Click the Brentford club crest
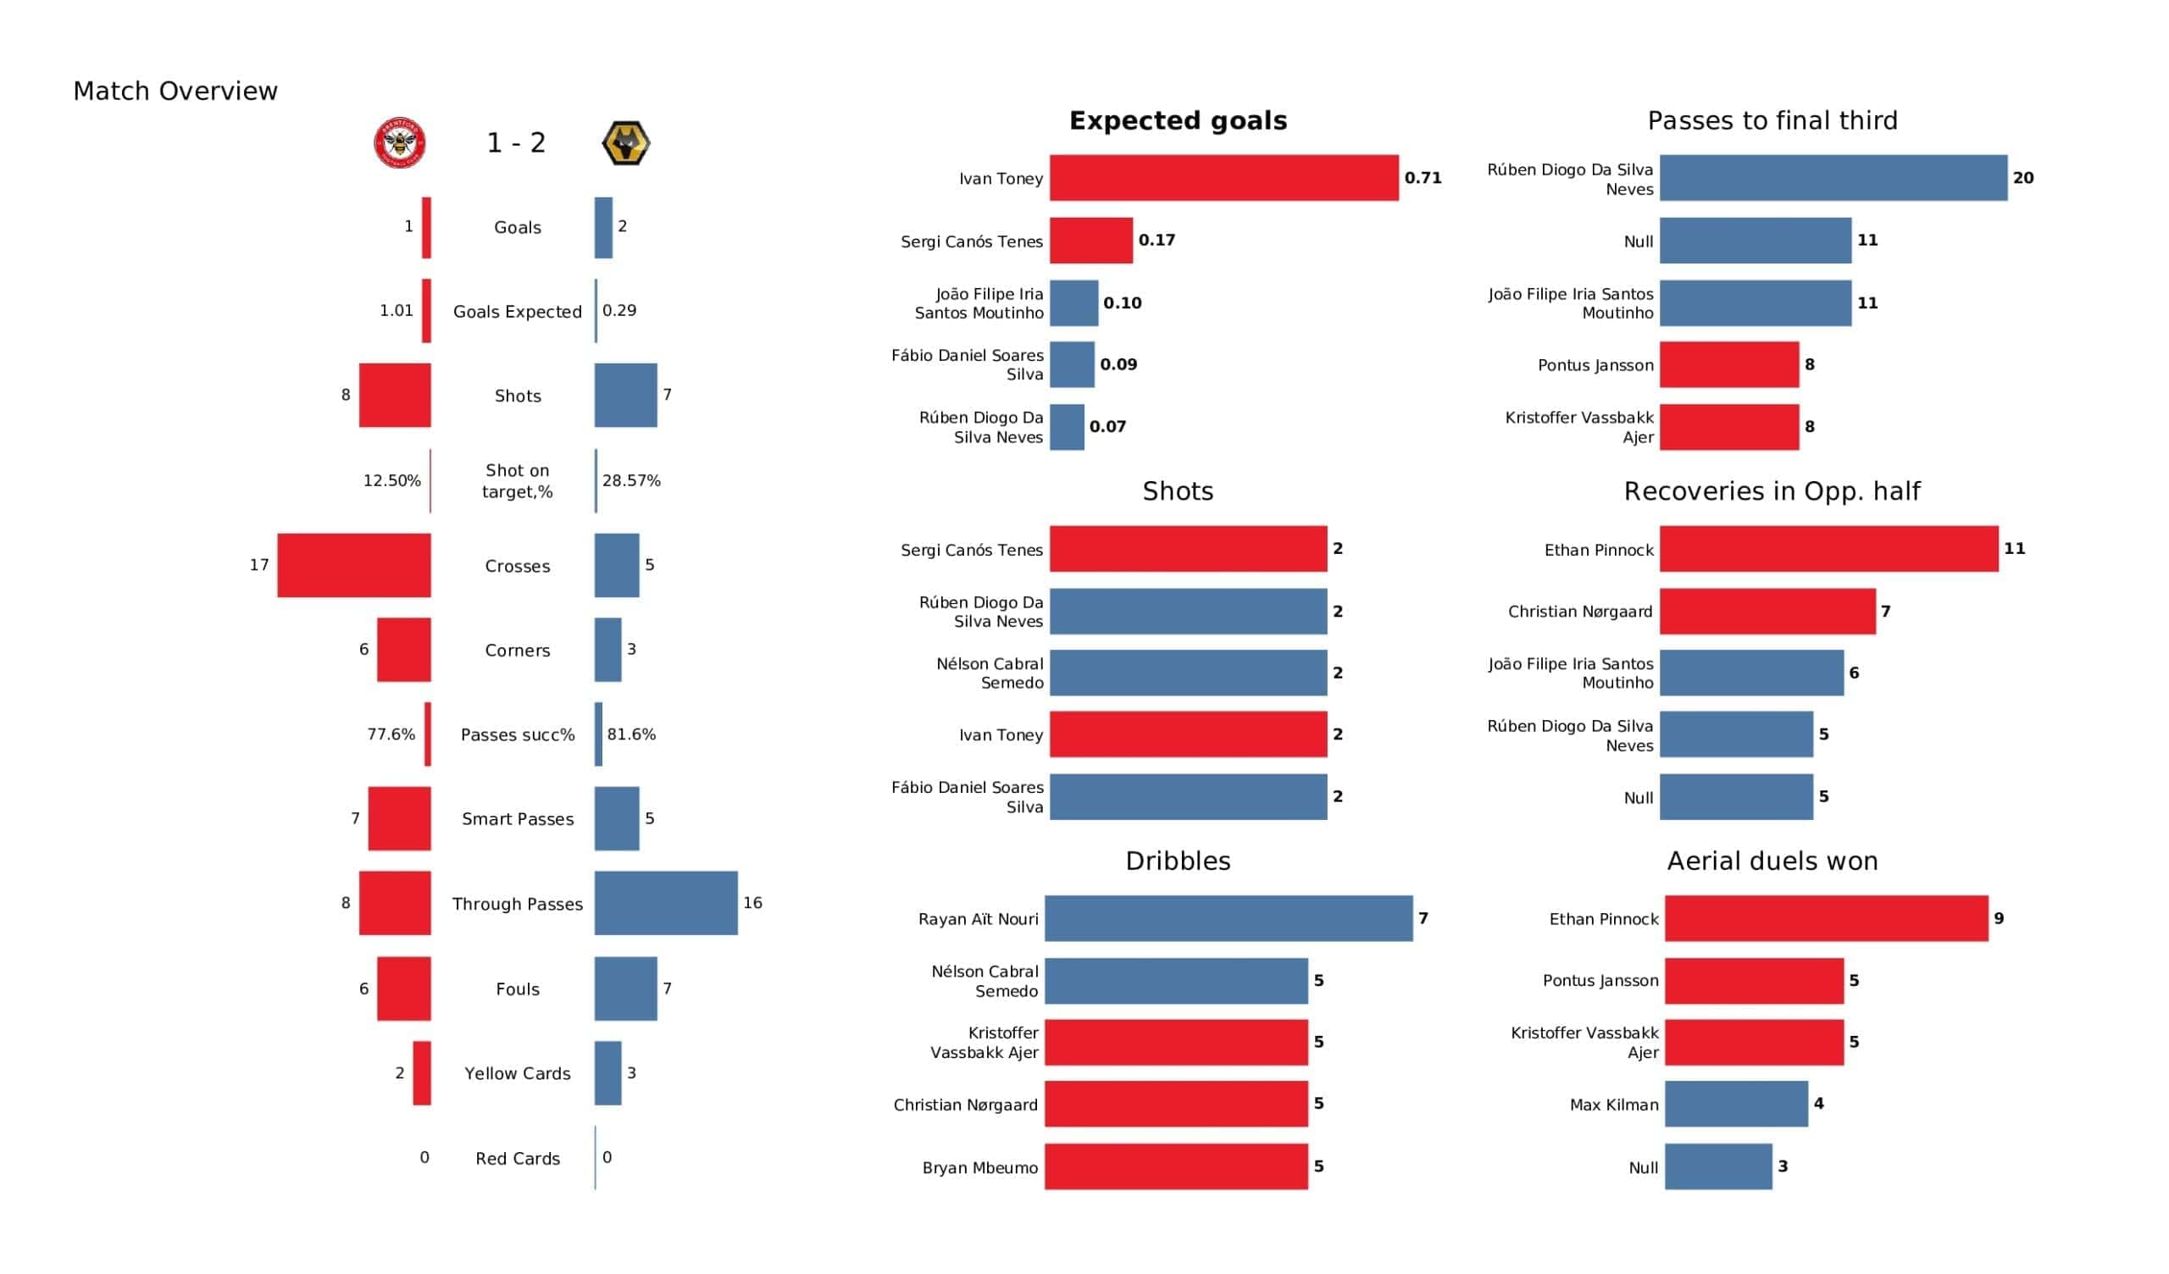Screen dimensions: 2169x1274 pos(400,143)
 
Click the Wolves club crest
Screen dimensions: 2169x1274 pos(626,143)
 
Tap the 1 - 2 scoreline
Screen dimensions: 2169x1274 pos(517,143)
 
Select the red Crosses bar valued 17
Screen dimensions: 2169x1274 pos(354,566)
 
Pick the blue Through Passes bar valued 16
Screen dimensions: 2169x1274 pos(666,903)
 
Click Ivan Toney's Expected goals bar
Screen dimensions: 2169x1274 pos(1224,178)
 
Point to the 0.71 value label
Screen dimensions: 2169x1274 pos(1423,178)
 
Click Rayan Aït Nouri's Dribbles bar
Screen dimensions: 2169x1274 pos(1229,918)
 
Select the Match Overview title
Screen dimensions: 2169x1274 pos(175,91)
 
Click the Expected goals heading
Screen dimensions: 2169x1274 pos(1179,120)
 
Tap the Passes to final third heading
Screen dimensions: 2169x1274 pos(1772,120)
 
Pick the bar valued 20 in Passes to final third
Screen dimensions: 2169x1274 pos(1833,178)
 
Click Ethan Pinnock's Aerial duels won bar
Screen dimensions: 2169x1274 pos(1827,918)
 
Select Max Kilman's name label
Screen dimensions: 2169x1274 pos(1614,1105)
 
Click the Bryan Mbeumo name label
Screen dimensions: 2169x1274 pos(980,1167)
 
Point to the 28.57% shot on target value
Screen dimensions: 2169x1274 pos(632,480)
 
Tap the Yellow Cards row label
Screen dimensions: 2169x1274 pos(518,1073)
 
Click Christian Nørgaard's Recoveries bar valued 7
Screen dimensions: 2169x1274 pos(1768,612)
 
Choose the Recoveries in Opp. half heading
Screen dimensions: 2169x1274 pos(1772,491)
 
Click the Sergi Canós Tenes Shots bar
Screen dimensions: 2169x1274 pos(1189,548)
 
